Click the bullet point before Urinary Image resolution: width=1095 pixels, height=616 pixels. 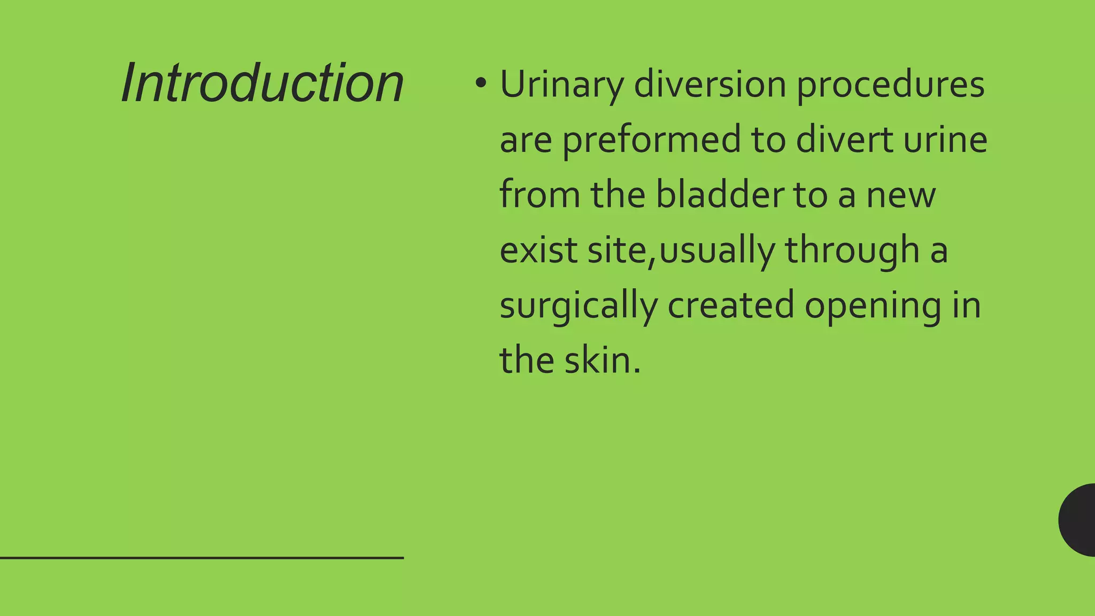pyautogui.click(x=481, y=83)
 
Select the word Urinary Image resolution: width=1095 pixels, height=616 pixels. pyautogui.click(x=561, y=86)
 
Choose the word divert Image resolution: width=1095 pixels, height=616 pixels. pyautogui.click(x=844, y=140)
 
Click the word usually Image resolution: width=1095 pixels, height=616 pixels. pyautogui.click(x=717, y=251)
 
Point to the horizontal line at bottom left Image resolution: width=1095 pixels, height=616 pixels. pyautogui.click(x=202, y=558)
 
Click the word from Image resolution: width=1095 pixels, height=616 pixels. pyautogui.click(x=539, y=195)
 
